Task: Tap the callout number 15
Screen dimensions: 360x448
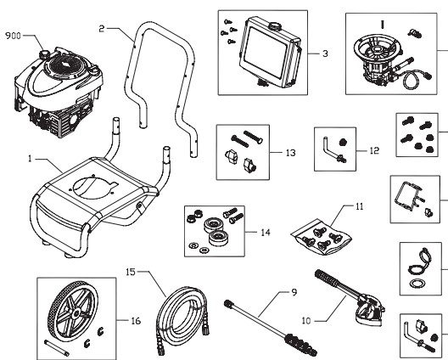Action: coord(131,273)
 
